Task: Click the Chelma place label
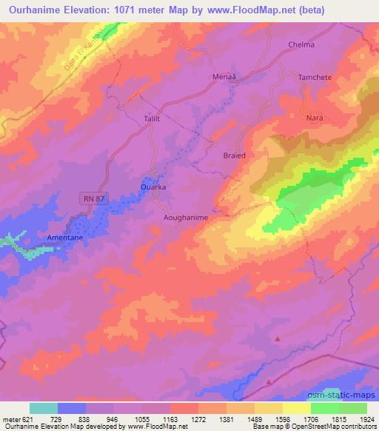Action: point(301,44)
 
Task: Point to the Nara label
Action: point(315,118)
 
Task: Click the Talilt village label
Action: point(151,118)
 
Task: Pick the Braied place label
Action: point(235,156)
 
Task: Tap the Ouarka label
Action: point(152,188)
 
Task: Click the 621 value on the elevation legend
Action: point(27,419)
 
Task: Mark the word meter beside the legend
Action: point(11,419)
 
